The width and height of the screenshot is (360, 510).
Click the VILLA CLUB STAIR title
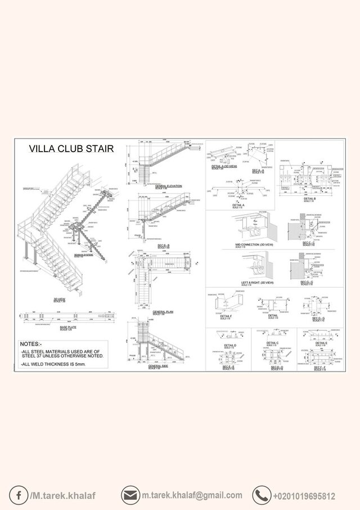click(x=71, y=149)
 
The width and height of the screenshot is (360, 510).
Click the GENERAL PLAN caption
click(x=163, y=311)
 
